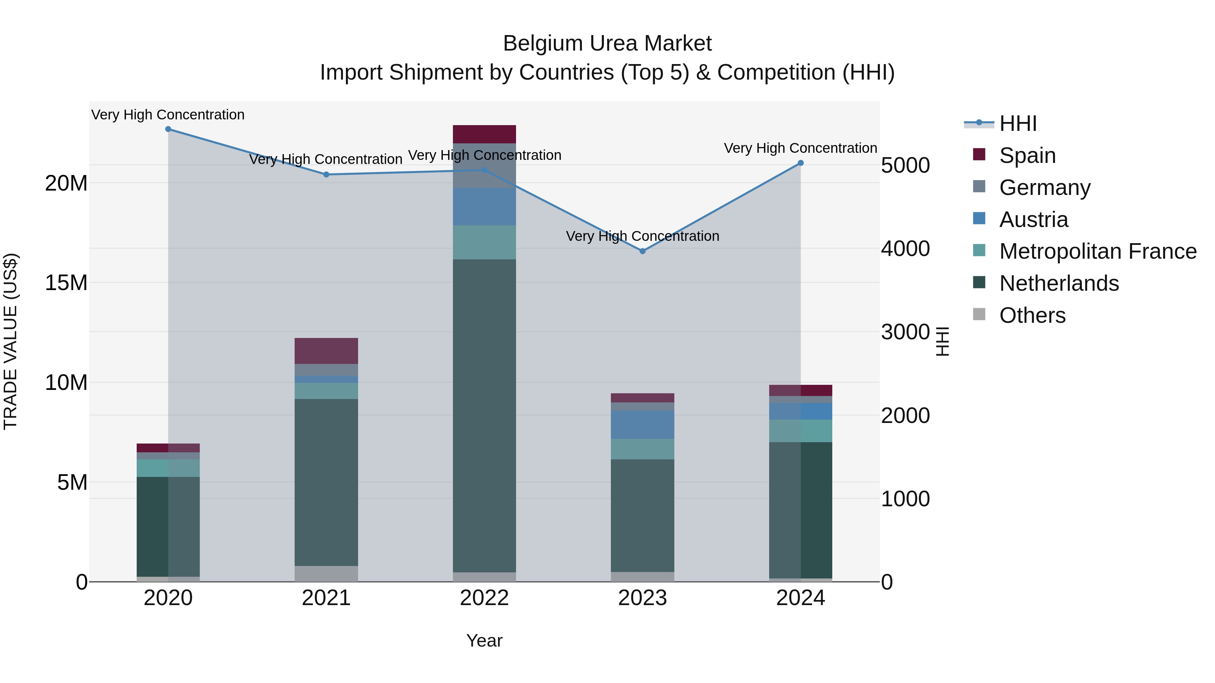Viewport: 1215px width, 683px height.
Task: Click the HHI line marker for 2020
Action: pos(168,129)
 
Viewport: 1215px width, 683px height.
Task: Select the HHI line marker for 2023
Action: pos(642,251)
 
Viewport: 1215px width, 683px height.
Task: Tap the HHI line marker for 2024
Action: pos(801,163)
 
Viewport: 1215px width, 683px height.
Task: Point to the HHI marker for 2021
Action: pos(326,174)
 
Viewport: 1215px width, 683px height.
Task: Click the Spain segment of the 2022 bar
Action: pos(484,134)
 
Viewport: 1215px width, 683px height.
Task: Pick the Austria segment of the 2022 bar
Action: pos(484,206)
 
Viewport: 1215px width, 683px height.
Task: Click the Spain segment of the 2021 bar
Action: pos(326,351)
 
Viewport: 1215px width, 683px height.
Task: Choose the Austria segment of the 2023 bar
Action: pos(642,424)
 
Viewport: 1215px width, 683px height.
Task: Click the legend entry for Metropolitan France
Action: pos(1098,251)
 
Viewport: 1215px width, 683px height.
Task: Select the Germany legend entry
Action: pos(1045,187)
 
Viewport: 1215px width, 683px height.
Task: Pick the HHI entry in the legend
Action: pos(1018,123)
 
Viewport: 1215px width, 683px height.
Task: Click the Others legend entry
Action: pos(1032,315)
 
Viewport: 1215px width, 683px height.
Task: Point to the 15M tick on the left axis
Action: pos(66,283)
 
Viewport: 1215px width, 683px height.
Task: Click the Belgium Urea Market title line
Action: pos(607,44)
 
